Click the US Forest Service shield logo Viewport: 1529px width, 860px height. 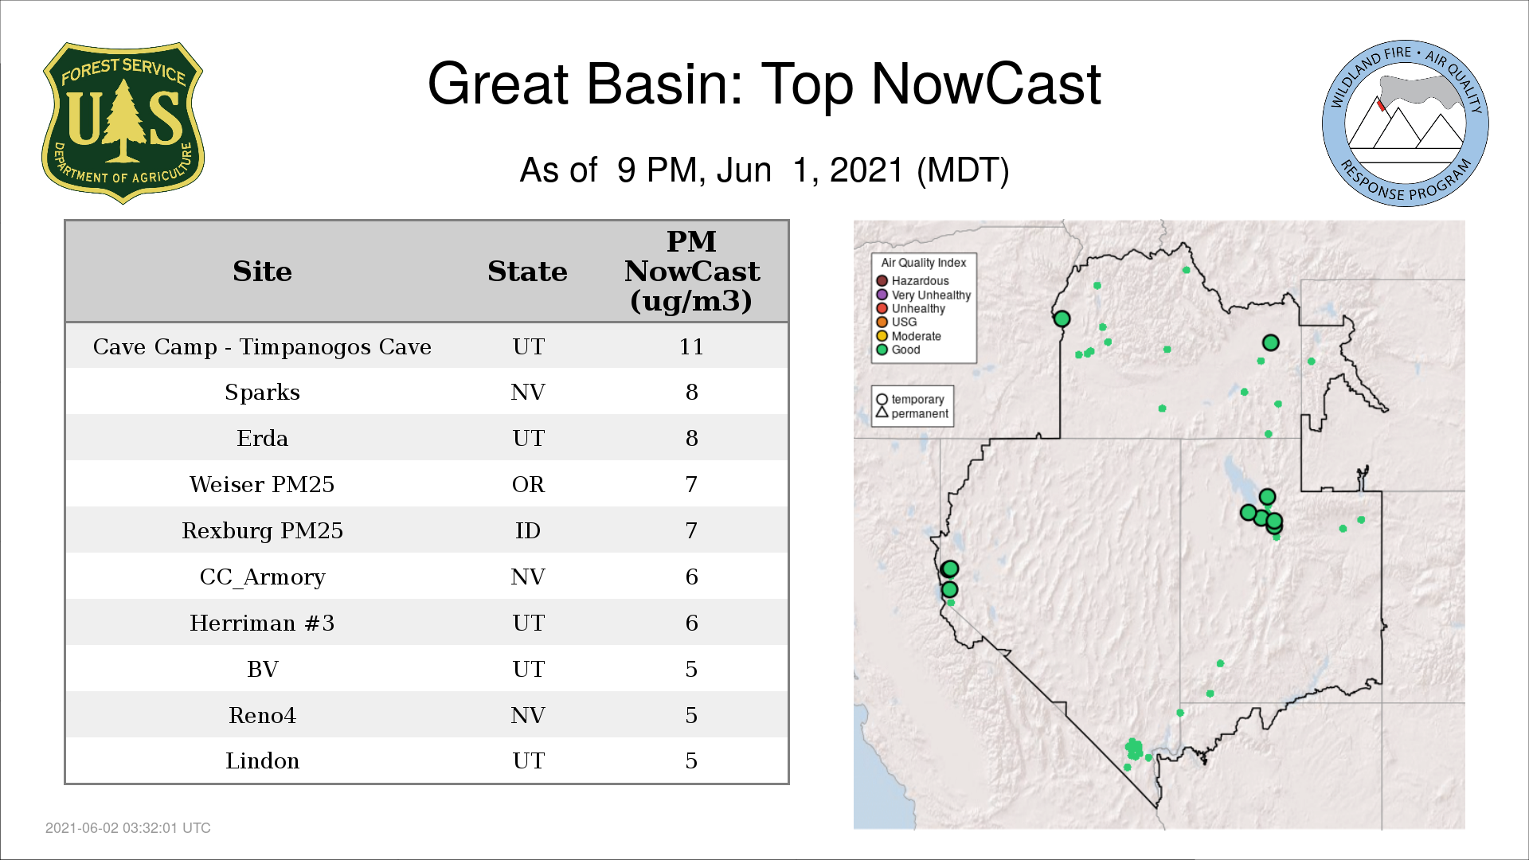[x=123, y=123]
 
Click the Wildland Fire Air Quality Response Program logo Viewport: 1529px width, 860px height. [x=1406, y=123]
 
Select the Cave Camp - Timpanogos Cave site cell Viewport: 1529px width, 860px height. [x=262, y=347]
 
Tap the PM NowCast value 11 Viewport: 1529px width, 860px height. [x=691, y=347]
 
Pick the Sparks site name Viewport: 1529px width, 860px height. [x=262, y=393]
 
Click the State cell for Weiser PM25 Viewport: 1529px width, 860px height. [x=528, y=485]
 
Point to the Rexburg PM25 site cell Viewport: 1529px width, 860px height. [x=262, y=531]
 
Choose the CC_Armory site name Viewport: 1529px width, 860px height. [x=262, y=577]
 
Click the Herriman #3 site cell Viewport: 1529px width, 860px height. [x=262, y=623]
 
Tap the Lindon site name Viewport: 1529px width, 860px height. [x=262, y=761]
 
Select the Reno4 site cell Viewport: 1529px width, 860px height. [x=262, y=716]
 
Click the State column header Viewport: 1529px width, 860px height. [x=527, y=272]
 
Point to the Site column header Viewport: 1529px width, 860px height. [x=262, y=272]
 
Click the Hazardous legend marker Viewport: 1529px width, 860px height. [x=882, y=281]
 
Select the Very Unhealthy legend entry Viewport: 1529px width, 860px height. [x=923, y=295]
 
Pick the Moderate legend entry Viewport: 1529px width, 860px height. [x=909, y=336]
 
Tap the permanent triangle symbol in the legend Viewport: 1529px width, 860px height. [x=882, y=412]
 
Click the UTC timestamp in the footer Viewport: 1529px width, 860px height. [x=128, y=828]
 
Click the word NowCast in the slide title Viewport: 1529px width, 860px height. [x=986, y=84]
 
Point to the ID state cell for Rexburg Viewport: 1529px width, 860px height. [x=528, y=531]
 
